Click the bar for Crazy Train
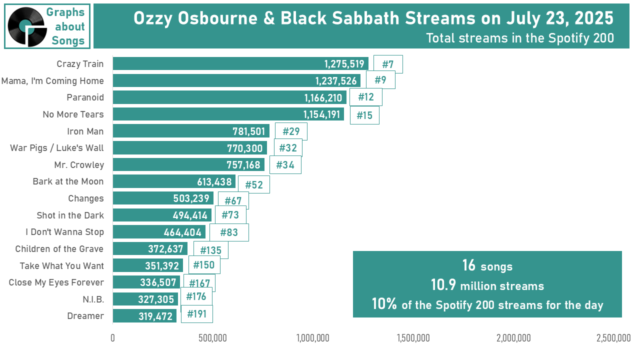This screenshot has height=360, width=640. coord(240,63)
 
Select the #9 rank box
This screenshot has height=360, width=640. coord(380,80)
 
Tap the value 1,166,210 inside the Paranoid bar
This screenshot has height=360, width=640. coord(323,98)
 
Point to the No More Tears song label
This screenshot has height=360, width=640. coord(73,114)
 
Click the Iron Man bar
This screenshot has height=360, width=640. coord(191,131)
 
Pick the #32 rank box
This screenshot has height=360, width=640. coord(288,147)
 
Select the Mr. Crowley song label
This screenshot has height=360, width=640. coord(79,165)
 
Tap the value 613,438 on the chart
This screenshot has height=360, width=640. coord(214,181)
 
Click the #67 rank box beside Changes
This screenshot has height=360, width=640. coord(233,200)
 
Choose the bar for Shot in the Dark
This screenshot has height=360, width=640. coord(162,215)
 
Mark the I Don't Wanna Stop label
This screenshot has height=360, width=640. coord(64,231)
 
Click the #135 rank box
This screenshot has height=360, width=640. coord(211,250)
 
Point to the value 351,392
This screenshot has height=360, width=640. coord(162,265)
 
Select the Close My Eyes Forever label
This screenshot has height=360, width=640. coord(56,282)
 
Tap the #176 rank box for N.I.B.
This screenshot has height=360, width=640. coord(196,296)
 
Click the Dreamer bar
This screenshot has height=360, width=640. coord(144,315)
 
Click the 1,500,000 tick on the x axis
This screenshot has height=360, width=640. coord(413,338)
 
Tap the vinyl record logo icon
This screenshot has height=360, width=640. coord(27,26)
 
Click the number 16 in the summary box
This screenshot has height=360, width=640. coord(469,265)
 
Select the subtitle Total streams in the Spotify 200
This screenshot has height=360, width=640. coord(520,38)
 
